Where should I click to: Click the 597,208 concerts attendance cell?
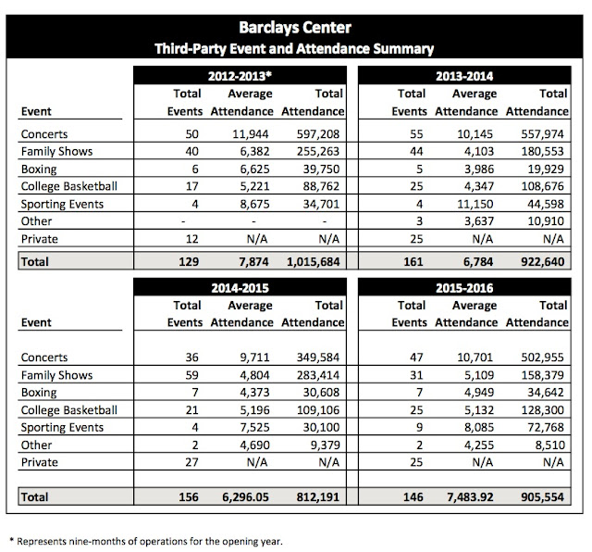pos(318,135)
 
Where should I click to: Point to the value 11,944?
pos(244,135)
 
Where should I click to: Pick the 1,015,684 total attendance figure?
pos(311,263)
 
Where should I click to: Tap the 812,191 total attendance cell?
pos(318,498)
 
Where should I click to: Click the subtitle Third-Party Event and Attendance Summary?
pos(295,45)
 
